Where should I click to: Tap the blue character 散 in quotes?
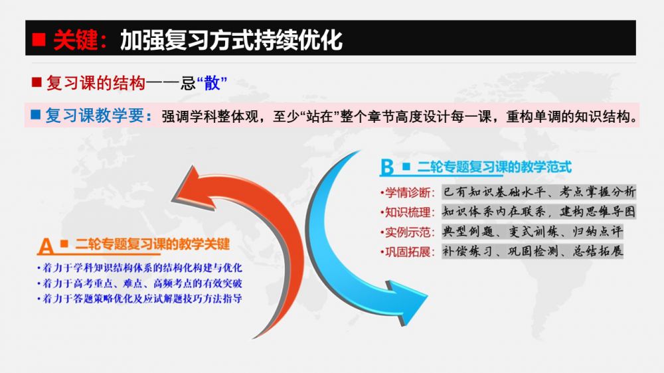tap(212, 83)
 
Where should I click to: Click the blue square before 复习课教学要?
tap(36, 114)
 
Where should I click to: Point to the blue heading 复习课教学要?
tap(95, 115)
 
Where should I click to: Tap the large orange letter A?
tap(46, 246)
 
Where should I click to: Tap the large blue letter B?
tap(387, 167)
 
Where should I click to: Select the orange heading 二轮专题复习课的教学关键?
tap(153, 244)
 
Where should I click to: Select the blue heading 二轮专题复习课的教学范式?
tap(495, 167)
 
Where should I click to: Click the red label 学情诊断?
tap(408, 193)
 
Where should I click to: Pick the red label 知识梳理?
tap(408, 212)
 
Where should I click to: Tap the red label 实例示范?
tap(408, 232)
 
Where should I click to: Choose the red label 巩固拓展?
tap(408, 252)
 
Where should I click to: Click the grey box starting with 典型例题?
tap(533, 232)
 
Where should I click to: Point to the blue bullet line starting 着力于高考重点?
tap(140, 283)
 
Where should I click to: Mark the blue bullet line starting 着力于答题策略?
tap(140, 299)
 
